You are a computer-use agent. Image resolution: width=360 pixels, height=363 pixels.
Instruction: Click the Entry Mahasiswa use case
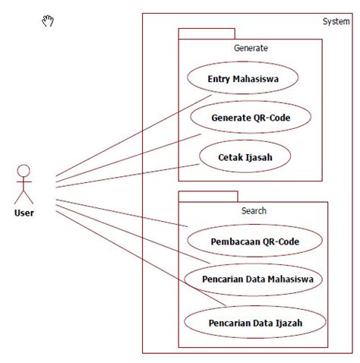click(242, 78)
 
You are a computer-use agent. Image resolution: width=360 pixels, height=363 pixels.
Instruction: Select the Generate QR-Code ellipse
click(250, 117)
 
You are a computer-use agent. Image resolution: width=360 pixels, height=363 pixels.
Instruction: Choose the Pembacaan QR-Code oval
click(254, 241)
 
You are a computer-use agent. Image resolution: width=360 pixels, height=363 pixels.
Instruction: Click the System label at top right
click(336, 21)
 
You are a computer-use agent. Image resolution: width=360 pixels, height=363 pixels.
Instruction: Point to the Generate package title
click(251, 48)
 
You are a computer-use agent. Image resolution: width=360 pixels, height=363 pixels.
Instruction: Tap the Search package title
click(253, 210)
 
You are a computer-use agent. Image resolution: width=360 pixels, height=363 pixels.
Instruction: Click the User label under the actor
click(24, 213)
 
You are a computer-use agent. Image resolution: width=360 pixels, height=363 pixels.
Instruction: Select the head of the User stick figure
click(24, 169)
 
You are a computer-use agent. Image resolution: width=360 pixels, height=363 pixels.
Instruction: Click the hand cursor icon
click(48, 21)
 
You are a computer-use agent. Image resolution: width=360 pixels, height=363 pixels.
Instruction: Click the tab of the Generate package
click(207, 33)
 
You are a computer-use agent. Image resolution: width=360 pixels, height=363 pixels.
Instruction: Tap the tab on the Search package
click(208, 196)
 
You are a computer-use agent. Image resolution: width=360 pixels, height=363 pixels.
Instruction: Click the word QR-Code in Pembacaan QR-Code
click(279, 241)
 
